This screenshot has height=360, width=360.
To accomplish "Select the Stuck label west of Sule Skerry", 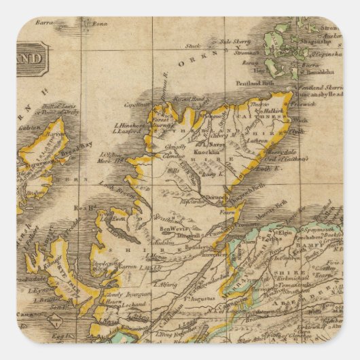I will [x=192, y=46].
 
